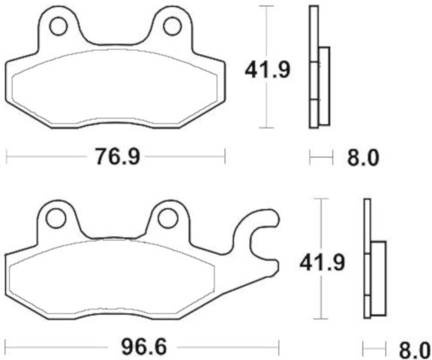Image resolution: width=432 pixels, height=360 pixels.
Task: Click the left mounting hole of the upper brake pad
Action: pos(61,28)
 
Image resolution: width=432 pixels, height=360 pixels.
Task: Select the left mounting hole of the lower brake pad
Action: pos(55,219)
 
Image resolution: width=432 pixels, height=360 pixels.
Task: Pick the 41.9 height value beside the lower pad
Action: pos(322,263)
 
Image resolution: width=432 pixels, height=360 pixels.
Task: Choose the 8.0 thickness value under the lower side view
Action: pos(413,349)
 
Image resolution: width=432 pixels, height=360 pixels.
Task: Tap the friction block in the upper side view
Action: pos(323,86)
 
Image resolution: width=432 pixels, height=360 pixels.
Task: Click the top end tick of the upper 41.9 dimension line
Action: pos(268,6)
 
